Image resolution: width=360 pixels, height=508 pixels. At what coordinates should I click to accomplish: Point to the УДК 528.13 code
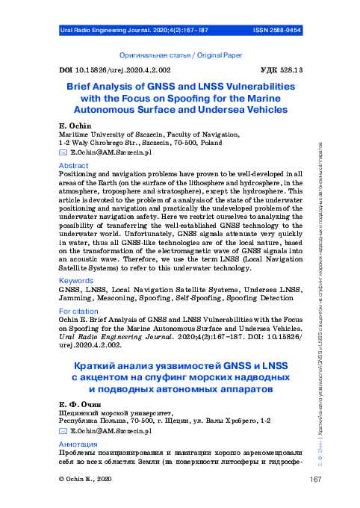[280, 69]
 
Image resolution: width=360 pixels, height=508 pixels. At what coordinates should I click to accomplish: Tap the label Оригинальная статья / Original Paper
[181, 55]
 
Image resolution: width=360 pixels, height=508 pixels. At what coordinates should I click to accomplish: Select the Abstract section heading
[73, 165]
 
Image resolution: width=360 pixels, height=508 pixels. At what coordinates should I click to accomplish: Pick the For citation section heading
[78, 311]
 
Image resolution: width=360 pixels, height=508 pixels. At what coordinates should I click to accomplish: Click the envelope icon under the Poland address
[63, 152]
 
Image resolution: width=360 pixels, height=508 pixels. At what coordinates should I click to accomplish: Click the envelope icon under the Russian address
[63, 432]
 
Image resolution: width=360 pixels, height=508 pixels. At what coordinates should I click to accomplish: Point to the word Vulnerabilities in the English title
[258, 87]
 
